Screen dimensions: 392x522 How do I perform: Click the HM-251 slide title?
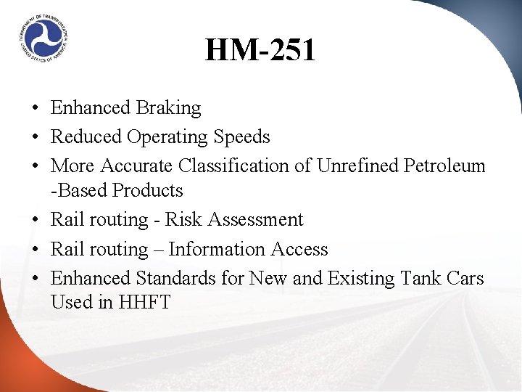tap(260, 51)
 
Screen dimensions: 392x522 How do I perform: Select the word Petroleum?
tap(444, 166)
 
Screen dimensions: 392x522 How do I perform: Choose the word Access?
tap(299, 250)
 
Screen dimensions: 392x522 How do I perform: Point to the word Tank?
tap(423, 279)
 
